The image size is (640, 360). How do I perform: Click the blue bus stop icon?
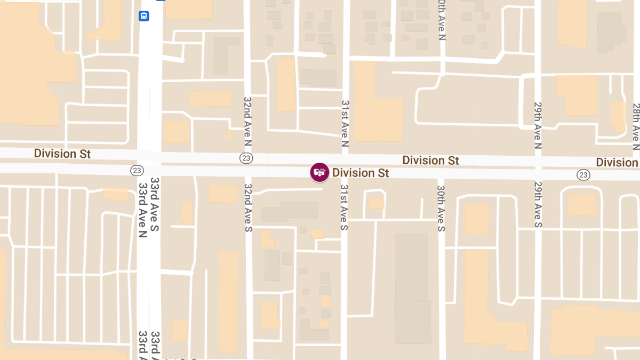[144, 16]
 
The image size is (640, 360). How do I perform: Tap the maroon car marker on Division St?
[319, 172]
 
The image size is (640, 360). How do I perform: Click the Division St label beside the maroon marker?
[361, 173]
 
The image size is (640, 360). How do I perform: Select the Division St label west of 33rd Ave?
[62, 154]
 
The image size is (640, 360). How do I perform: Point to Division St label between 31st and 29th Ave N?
[430, 160]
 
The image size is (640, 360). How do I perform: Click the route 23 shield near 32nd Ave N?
[246, 158]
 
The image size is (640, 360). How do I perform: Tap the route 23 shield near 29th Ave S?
[583, 174]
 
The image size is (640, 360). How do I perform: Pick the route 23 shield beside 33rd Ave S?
[137, 170]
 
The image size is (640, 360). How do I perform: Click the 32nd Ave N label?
[247, 122]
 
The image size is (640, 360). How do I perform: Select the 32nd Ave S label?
[248, 207]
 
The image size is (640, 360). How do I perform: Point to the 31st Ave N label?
[345, 124]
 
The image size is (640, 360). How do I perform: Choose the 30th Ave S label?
[441, 209]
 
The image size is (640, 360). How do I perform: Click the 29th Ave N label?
[538, 125]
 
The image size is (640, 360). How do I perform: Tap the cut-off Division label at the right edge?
[617, 162]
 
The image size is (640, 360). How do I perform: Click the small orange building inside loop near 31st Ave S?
[377, 203]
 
